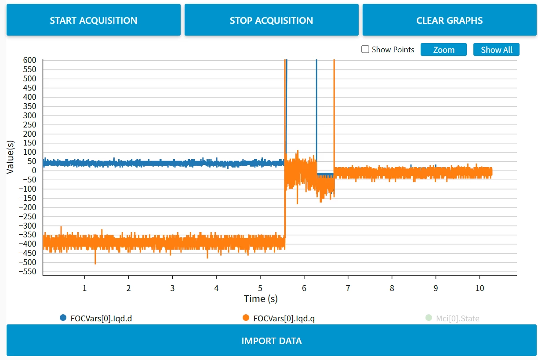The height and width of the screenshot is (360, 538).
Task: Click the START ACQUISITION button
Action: (94, 20)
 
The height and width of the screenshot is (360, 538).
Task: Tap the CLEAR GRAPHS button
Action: (449, 20)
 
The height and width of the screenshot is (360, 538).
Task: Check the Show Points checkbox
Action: (365, 49)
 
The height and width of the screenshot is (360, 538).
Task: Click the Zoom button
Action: (443, 50)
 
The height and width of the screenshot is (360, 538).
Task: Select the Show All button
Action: (496, 50)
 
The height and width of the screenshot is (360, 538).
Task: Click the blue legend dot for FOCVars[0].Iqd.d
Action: (63, 318)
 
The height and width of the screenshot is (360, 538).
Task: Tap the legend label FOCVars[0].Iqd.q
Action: (284, 318)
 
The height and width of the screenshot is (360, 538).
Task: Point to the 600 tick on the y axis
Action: (29, 60)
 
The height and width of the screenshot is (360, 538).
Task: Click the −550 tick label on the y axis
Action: (27, 272)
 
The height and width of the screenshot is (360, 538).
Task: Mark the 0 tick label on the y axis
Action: (34, 171)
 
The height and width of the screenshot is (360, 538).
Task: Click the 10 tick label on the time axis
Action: (480, 288)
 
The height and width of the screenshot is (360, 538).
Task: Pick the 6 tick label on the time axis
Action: (304, 288)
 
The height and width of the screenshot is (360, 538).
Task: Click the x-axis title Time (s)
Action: (261, 299)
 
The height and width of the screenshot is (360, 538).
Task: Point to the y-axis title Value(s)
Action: (10, 157)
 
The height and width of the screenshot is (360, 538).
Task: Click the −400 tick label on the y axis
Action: (27, 244)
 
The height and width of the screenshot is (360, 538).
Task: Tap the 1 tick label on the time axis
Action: (84, 288)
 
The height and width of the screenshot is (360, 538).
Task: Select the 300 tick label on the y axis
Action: (29, 116)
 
